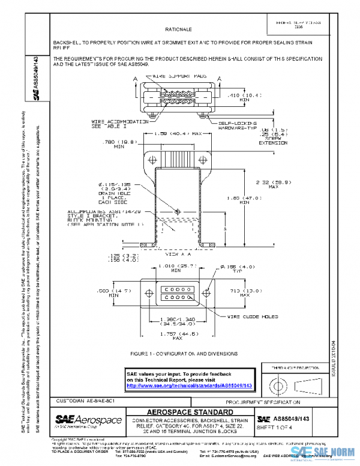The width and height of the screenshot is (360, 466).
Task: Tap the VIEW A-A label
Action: pyautogui.click(x=176, y=255)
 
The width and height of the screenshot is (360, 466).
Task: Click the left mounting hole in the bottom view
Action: pyautogui.click(x=145, y=293)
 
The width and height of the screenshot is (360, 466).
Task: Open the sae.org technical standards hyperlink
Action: pyautogui.click(x=190, y=386)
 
